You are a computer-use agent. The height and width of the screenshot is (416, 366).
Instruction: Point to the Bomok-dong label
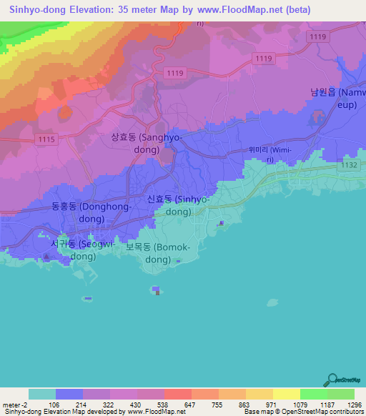pos(159,254)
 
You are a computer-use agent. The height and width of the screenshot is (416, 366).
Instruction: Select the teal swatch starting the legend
pos(42,394)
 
